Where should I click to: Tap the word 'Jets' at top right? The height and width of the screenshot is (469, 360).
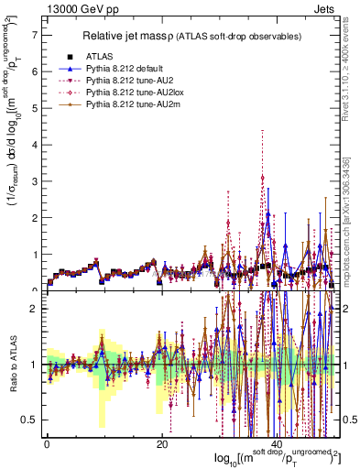tap(324, 7)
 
